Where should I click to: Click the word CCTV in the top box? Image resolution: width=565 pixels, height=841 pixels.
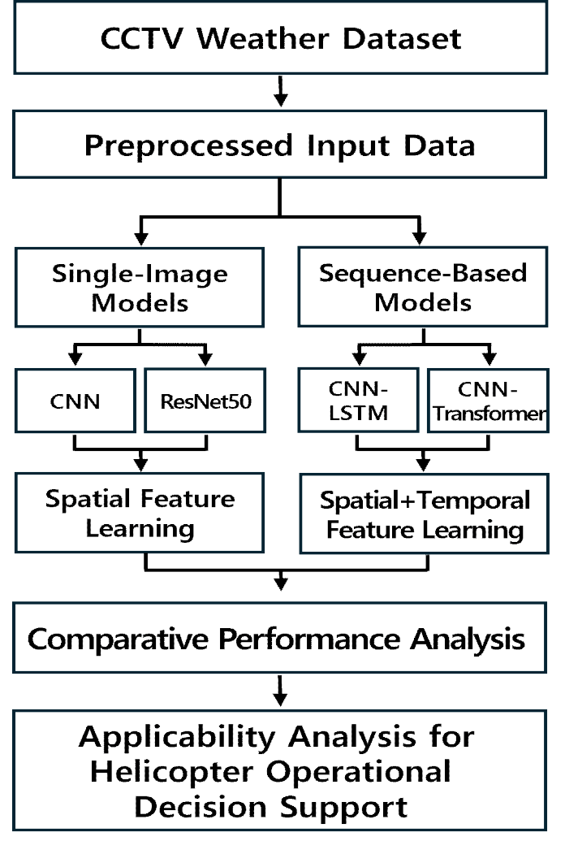click(x=141, y=39)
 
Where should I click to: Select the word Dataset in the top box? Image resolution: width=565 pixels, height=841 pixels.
click(x=402, y=39)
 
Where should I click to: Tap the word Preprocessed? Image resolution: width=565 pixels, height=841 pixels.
click(x=188, y=146)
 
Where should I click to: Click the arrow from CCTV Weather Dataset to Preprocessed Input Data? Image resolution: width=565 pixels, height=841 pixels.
click(x=280, y=91)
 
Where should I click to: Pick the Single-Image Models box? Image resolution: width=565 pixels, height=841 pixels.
click(x=140, y=287)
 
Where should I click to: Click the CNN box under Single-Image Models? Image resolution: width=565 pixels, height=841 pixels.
click(x=75, y=400)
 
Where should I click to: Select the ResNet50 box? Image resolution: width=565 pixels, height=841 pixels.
click(x=205, y=400)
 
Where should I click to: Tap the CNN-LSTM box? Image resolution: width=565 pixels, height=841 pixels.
click(x=358, y=400)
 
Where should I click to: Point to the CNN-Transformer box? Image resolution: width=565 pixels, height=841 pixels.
click(x=489, y=400)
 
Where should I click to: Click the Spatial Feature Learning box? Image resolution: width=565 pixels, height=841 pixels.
click(x=140, y=513)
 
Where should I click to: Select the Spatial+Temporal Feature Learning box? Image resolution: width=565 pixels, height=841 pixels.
click(x=424, y=514)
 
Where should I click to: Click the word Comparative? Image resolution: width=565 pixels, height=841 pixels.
click(x=118, y=639)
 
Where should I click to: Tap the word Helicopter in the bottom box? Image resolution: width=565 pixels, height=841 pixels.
click(x=171, y=773)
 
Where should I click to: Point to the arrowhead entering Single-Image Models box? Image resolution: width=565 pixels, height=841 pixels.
click(x=141, y=238)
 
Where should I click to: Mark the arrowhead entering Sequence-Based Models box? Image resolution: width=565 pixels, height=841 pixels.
click(x=420, y=238)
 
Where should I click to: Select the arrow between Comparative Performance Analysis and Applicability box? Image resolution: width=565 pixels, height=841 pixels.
click(x=280, y=691)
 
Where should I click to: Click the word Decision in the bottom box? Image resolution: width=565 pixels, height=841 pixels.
click(x=200, y=807)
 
